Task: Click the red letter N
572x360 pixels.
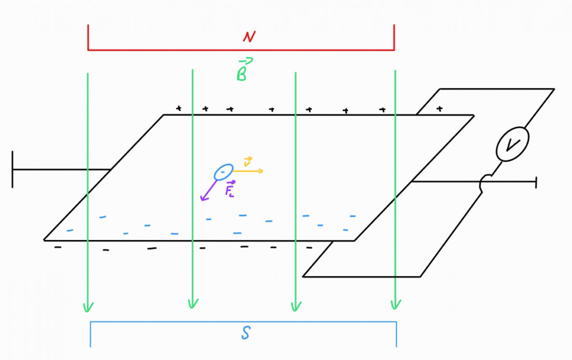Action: (249, 37)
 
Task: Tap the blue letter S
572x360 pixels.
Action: (246, 334)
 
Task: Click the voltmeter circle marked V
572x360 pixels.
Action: (512, 146)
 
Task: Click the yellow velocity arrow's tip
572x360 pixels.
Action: (261, 171)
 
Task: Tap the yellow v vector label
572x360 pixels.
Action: (248, 162)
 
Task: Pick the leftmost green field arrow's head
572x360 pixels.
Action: (88, 308)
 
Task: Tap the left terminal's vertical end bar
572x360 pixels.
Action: (12, 169)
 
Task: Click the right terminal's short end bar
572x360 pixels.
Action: (536, 182)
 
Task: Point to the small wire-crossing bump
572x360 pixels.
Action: (486, 181)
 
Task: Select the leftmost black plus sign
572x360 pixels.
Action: (179, 108)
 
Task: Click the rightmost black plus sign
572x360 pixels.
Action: (440, 108)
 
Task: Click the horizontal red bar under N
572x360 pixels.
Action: (241, 50)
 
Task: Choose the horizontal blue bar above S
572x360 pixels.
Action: (244, 322)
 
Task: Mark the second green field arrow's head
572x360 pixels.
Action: (193, 305)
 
